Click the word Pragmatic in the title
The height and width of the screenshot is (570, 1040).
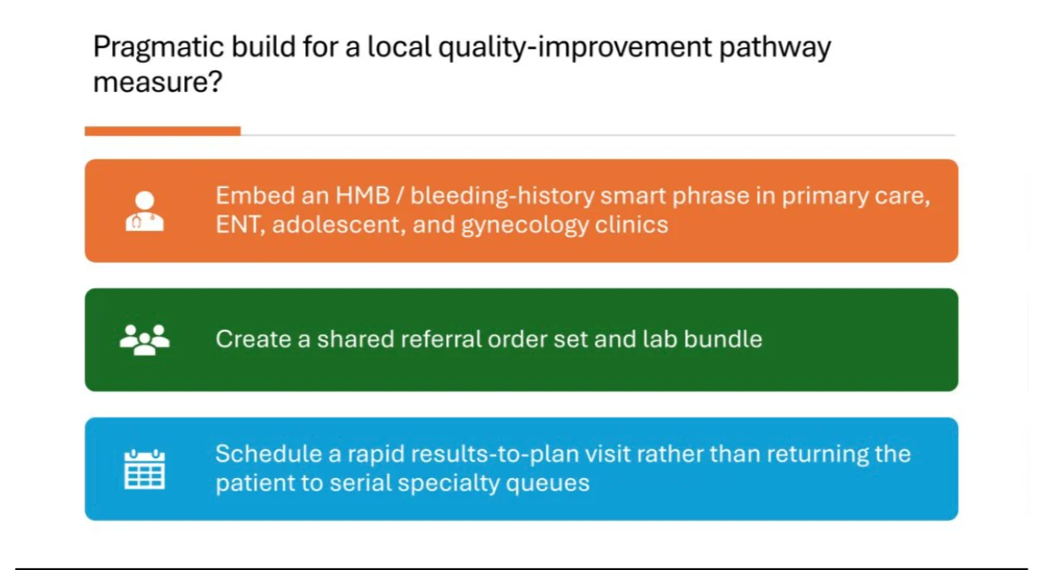point(158,47)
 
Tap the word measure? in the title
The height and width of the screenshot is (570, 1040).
point(158,82)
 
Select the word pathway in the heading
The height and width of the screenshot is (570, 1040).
point(775,47)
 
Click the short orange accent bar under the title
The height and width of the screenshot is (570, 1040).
point(163,131)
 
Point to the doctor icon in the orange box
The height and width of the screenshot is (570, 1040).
point(144,211)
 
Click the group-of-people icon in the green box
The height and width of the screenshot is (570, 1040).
point(144,340)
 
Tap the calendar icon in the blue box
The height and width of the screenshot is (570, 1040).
point(144,469)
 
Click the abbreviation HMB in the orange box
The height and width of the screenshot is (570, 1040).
point(362,196)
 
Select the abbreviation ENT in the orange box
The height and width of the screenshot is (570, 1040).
point(240,225)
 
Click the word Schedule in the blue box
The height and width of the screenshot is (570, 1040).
point(269,453)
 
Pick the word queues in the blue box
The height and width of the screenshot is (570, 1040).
point(547,484)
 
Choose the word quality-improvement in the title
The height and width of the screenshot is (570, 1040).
point(575,47)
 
